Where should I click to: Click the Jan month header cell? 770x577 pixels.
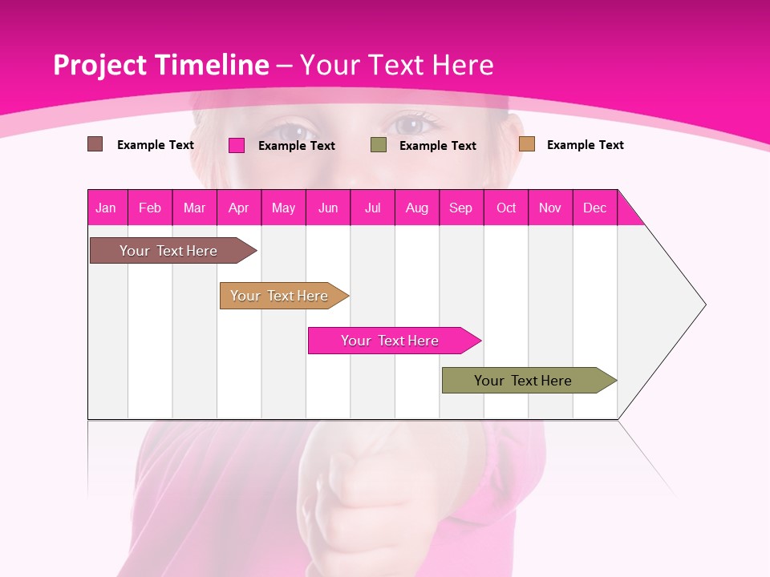pyautogui.click(x=107, y=208)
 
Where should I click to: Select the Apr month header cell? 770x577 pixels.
pyautogui.click(x=239, y=208)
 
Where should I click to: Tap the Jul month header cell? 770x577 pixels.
pyautogui.click(x=372, y=208)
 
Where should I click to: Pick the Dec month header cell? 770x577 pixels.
pyautogui.click(x=594, y=208)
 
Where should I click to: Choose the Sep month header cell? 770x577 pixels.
pyautogui.click(x=461, y=208)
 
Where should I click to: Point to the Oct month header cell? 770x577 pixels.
pyautogui.click(x=505, y=208)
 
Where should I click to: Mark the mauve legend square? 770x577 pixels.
pyautogui.click(x=95, y=144)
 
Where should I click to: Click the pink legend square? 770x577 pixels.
pyautogui.click(x=236, y=145)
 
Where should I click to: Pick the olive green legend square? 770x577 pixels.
pyautogui.click(x=378, y=145)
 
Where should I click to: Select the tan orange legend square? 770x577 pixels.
pyautogui.click(x=526, y=144)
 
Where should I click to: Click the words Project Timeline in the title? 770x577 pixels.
pyautogui.click(x=160, y=65)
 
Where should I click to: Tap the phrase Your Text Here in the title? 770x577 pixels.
pyautogui.click(x=396, y=65)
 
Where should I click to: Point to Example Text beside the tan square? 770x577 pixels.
pyautogui.click(x=585, y=145)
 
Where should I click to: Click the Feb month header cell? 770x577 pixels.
pyautogui.click(x=150, y=208)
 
